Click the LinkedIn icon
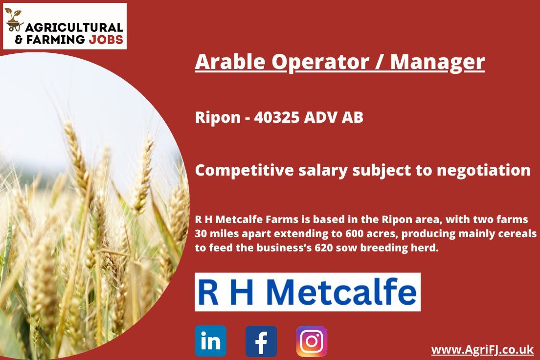(x=210, y=341)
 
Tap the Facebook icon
(x=261, y=341)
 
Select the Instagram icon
(x=312, y=341)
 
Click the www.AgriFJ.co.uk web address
(x=482, y=350)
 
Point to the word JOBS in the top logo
(x=106, y=40)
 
